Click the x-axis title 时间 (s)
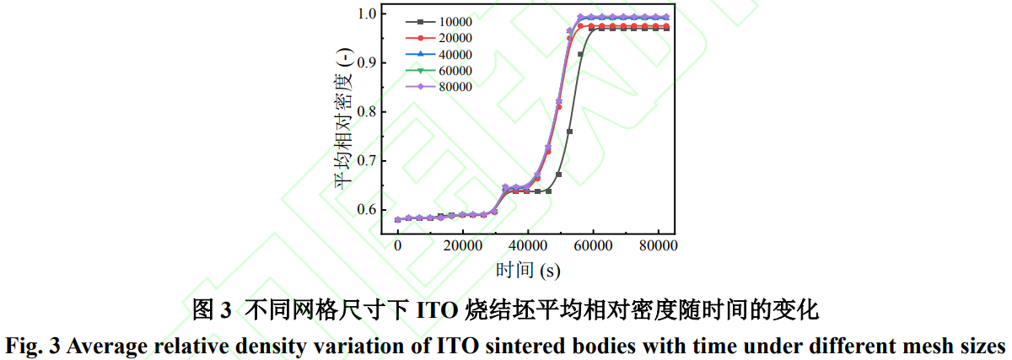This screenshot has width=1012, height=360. tap(528, 270)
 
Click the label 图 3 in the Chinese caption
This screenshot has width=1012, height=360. tap(212, 310)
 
